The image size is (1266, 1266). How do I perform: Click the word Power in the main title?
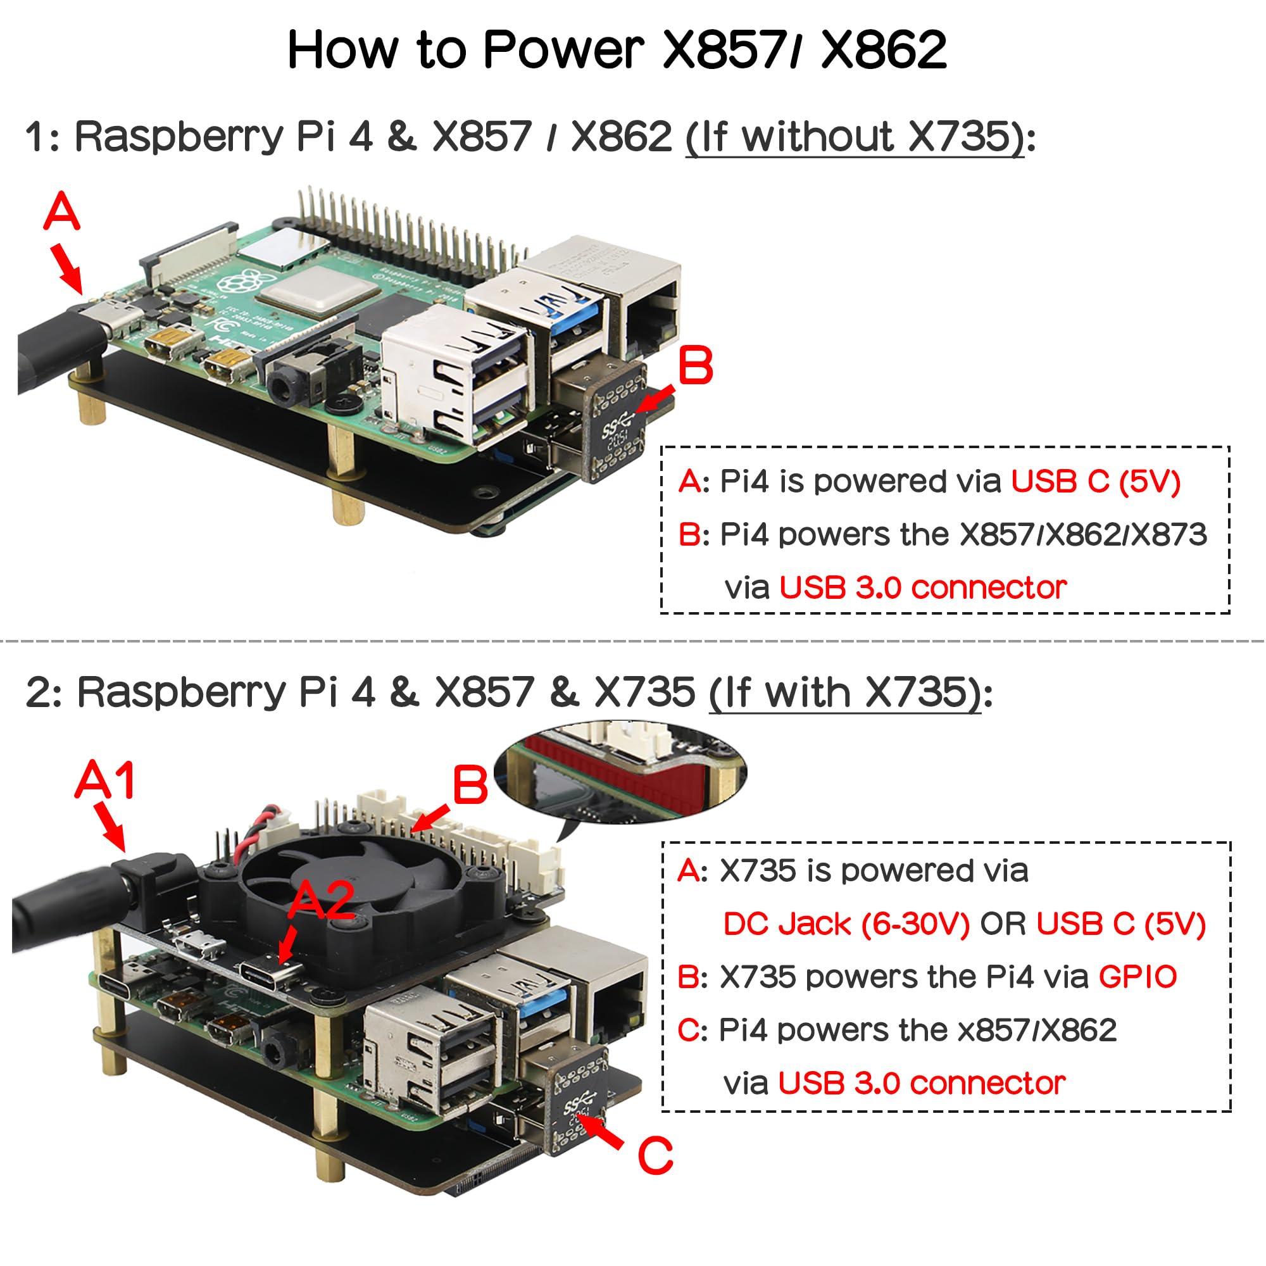pos(563,50)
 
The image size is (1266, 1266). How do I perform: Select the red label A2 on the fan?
pos(321,900)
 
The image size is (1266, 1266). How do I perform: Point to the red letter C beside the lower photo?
pos(655,1155)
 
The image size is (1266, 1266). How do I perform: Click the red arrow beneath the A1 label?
pos(110,826)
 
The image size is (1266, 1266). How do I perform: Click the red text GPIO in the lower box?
pos(1138,977)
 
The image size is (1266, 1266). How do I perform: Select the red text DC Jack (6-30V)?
pos(846,924)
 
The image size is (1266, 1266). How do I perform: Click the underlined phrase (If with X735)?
pos(845,692)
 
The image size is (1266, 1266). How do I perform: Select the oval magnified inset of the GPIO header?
pos(620,774)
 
